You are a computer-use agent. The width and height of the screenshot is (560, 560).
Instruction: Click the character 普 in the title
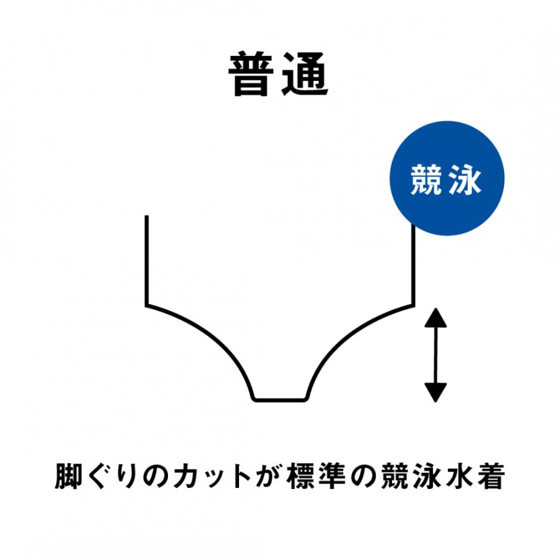tap(251, 74)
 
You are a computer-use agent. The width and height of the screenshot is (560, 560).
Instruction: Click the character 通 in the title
tap(305, 74)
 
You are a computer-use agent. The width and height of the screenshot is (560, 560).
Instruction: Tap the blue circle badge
tap(447, 178)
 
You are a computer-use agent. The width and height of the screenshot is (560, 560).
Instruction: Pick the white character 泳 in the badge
tap(466, 180)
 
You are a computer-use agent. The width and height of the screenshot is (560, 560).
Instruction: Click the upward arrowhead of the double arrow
tap(436, 317)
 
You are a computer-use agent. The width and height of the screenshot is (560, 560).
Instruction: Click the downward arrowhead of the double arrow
tap(436, 393)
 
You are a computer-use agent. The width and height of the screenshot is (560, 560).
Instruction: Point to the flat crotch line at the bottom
tap(279, 399)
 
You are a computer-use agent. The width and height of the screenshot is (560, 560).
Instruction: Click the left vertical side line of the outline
tap(146, 260)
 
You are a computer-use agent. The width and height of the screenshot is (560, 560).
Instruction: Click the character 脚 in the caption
tap(67, 476)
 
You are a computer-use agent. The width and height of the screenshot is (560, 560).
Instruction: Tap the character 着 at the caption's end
tap(492, 476)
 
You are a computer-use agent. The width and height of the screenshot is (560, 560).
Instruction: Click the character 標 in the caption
tap(299, 476)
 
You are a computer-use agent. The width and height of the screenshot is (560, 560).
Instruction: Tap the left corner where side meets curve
tap(146, 306)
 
